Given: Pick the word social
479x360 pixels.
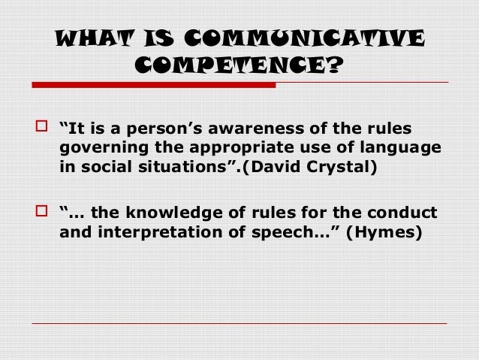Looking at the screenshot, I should coord(105,166).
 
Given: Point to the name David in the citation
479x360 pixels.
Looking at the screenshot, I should coord(279,166).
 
